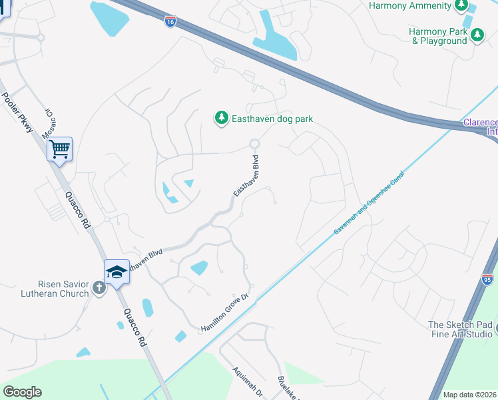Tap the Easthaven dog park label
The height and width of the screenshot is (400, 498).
[272, 119]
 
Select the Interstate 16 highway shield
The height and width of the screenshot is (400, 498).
[170, 21]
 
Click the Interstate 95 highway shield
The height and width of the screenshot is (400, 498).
[487, 280]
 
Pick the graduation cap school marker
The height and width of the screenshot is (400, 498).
[117, 271]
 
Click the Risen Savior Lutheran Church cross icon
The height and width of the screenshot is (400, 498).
[99, 288]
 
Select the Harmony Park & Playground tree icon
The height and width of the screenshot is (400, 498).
[477, 35]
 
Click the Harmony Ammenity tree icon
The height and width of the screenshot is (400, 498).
[461, 6]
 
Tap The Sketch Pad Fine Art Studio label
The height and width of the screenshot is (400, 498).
[459, 329]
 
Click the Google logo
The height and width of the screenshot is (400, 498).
[22, 392]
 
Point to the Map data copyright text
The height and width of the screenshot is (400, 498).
[469, 395]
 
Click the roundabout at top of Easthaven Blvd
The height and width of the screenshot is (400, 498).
[254, 143]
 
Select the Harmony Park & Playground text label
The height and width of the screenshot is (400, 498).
[438, 36]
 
